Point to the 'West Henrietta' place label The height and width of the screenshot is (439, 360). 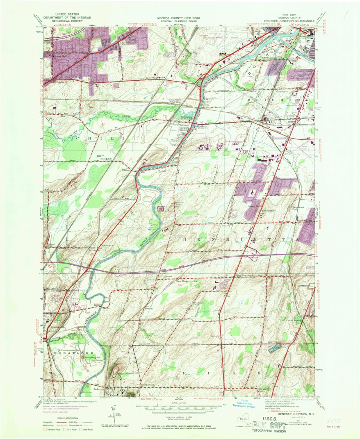click(x=244, y=275)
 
